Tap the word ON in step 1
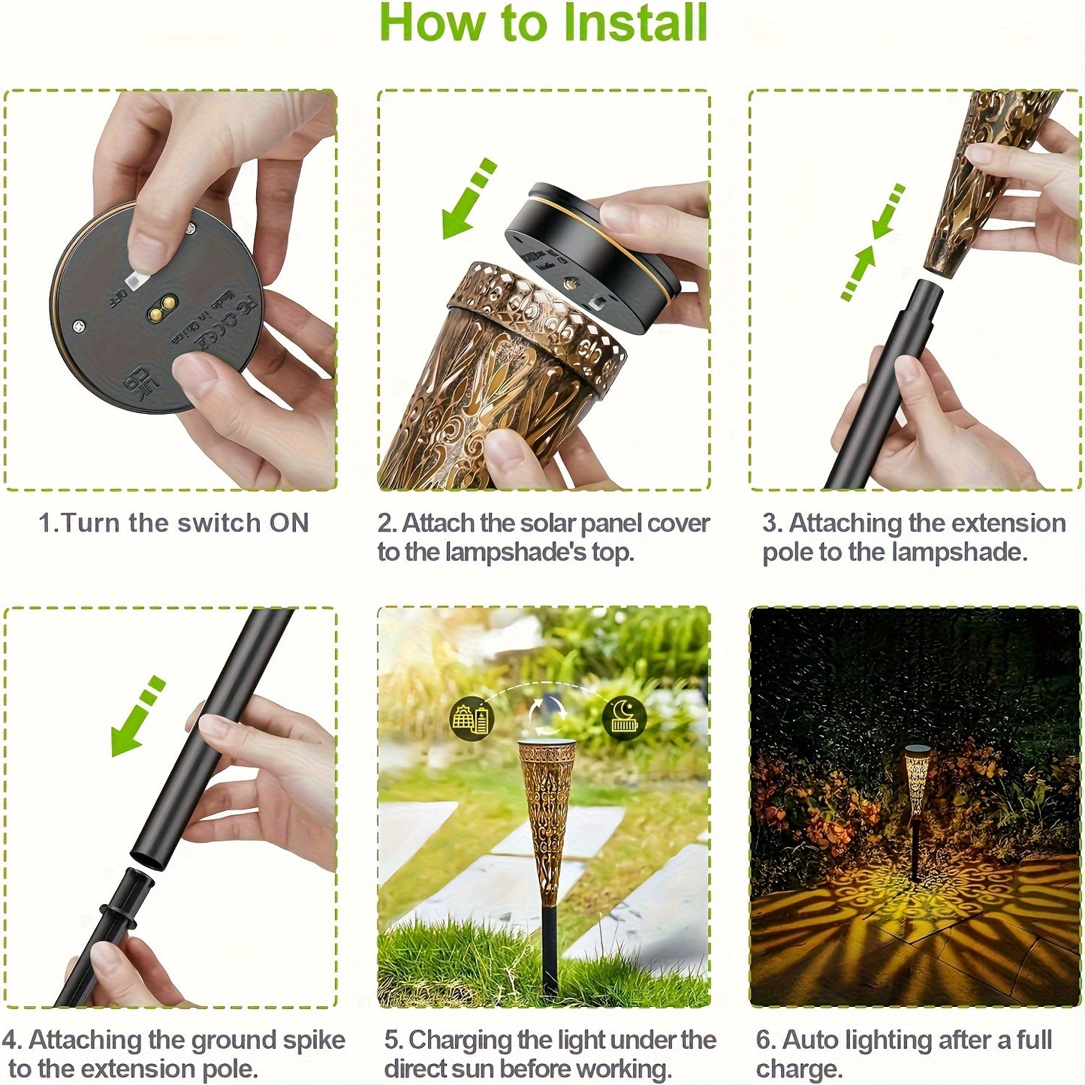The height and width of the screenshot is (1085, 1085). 289,523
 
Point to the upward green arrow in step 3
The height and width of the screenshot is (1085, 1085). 860,272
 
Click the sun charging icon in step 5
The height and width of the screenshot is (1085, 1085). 470,718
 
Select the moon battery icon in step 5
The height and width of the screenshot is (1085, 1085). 624,718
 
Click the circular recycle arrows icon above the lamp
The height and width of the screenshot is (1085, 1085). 548,713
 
